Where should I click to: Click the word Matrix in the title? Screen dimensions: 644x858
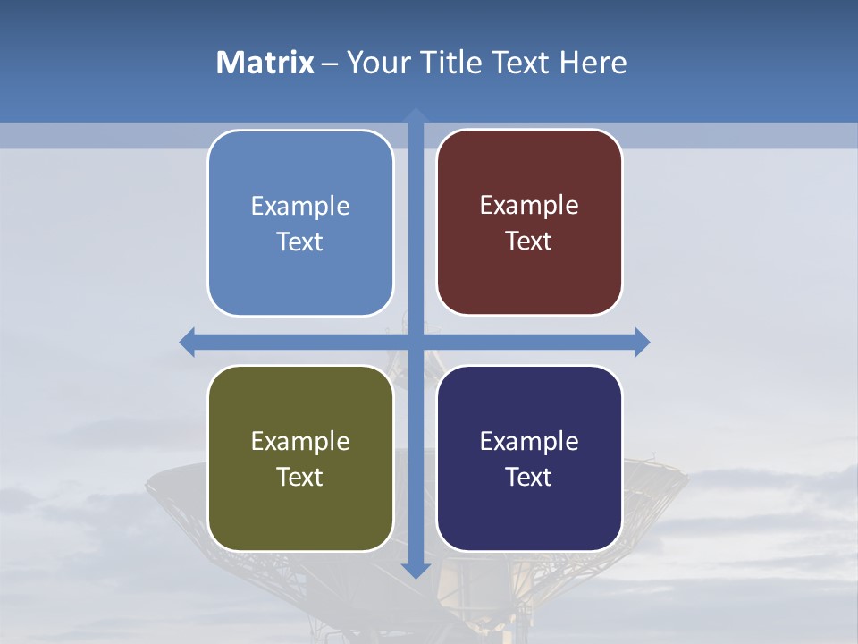265,63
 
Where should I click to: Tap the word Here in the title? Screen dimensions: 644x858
593,63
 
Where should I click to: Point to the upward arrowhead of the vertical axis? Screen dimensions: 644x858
416,116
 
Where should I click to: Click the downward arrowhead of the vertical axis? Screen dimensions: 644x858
416,570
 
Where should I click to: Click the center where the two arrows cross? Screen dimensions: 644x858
416,342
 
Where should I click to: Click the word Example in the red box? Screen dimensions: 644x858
529,206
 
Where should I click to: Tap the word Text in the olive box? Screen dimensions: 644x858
299,477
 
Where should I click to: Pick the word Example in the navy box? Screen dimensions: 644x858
529,441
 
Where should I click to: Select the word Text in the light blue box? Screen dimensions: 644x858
299,241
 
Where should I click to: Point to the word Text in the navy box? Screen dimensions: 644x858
529,477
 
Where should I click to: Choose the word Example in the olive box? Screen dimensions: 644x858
300,441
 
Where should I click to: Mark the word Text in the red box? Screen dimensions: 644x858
529,241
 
